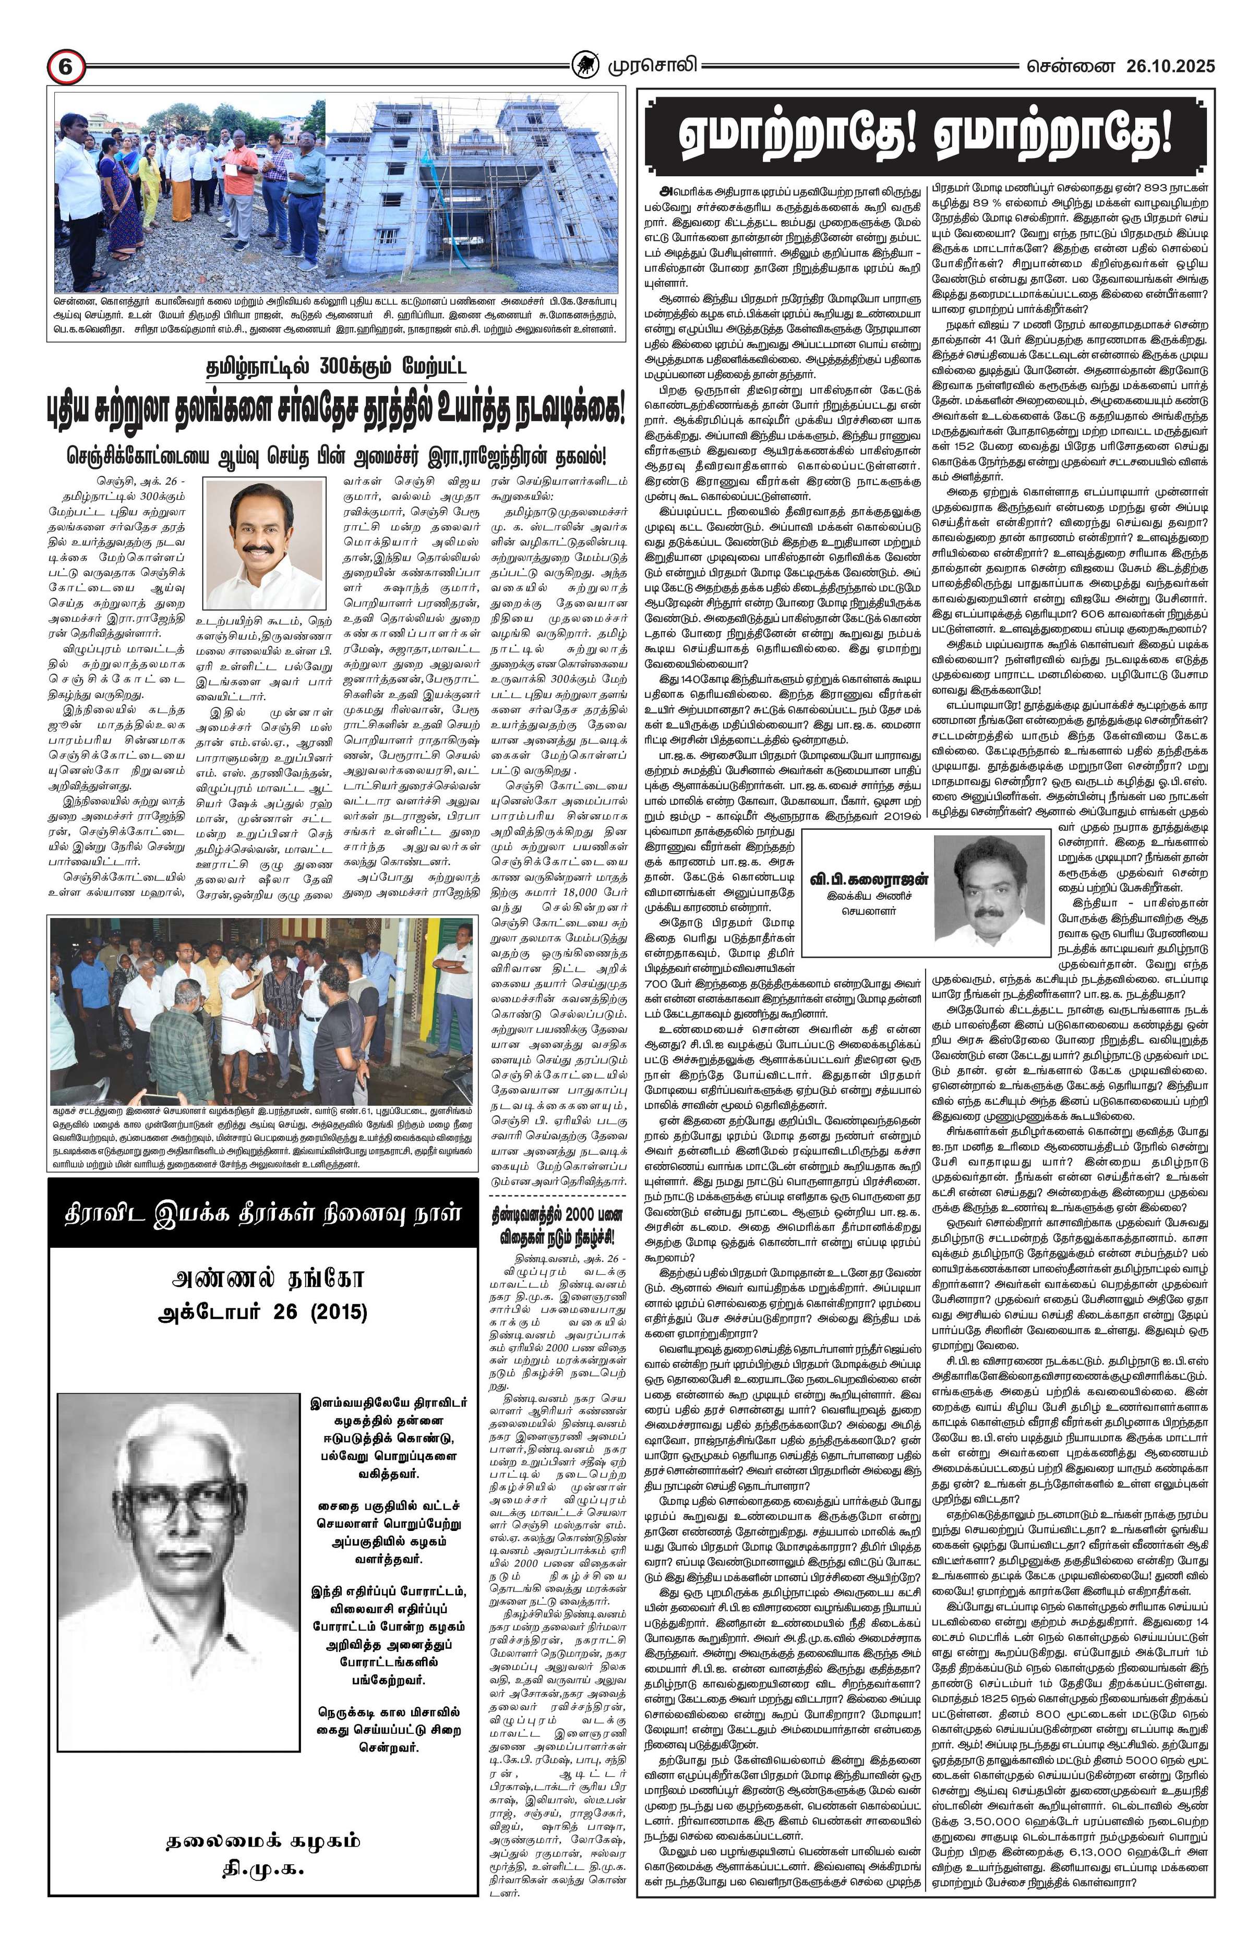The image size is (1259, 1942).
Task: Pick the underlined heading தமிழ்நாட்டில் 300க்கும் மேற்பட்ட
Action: coord(338,368)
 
